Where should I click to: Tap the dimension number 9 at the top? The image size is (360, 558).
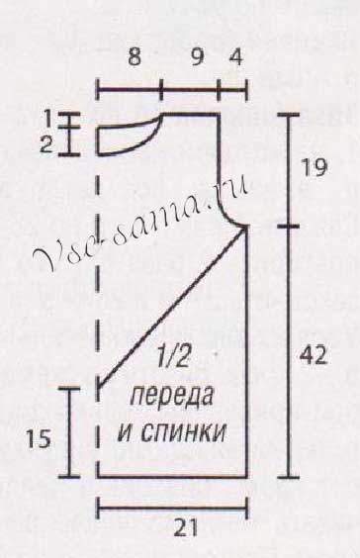pos(198,58)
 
